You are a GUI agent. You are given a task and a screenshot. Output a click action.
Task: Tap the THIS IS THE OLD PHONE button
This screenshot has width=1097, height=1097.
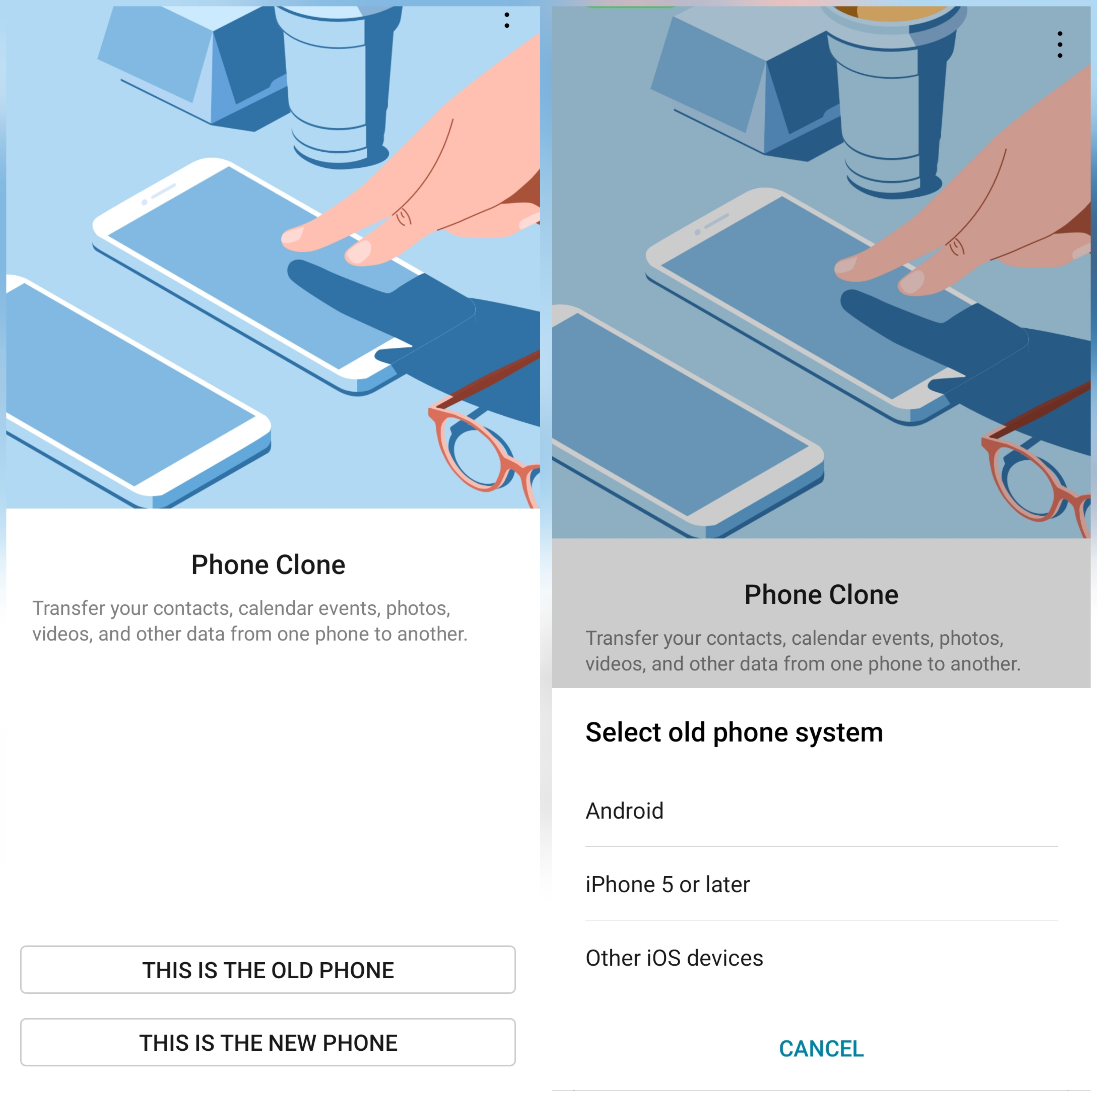pyautogui.click(x=268, y=970)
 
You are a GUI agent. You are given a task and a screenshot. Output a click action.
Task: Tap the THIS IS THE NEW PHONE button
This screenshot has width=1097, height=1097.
pyautogui.click(x=268, y=1042)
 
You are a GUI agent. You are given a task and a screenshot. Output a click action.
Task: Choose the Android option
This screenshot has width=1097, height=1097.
pyautogui.click(x=625, y=811)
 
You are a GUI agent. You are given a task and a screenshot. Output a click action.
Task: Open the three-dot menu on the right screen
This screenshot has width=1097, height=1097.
pyautogui.click(x=1060, y=44)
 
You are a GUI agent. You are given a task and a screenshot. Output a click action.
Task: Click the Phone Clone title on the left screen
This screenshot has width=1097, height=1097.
pyautogui.click(x=268, y=565)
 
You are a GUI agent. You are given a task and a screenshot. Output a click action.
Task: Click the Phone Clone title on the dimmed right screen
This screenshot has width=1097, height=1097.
pyautogui.click(x=821, y=595)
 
